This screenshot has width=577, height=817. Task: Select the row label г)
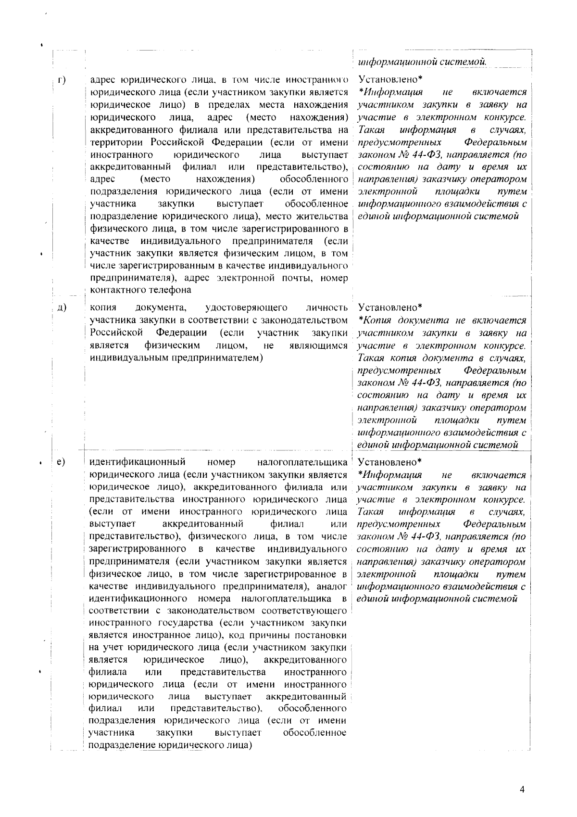coord(62,80)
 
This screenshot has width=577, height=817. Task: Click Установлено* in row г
coord(390,79)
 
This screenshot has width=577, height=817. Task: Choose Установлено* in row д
coord(390,307)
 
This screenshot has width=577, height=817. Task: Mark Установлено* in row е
coord(390,462)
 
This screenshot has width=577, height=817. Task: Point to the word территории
coord(118,142)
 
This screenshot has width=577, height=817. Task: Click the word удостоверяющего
coord(246,307)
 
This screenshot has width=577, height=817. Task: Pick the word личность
coord(327,307)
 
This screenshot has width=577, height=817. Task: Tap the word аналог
coord(330,587)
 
